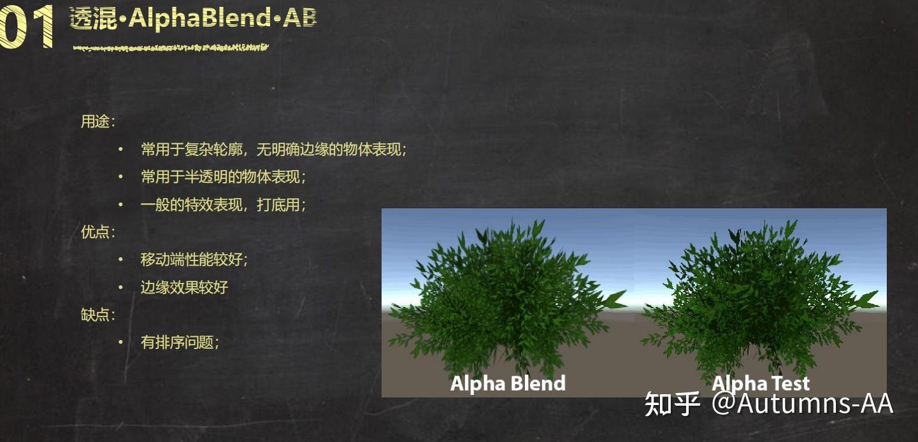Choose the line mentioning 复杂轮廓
(x=273, y=150)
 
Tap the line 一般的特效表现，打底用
(x=223, y=205)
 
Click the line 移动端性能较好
(x=194, y=260)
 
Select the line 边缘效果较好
(x=184, y=287)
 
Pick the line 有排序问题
(x=180, y=343)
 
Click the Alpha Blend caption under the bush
(x=508, y=383)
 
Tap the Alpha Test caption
(x=761, y=383)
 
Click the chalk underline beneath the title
(x=170, y=47)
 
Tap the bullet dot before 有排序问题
(x=120, y=343)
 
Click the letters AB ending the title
(x=299, y=18)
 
